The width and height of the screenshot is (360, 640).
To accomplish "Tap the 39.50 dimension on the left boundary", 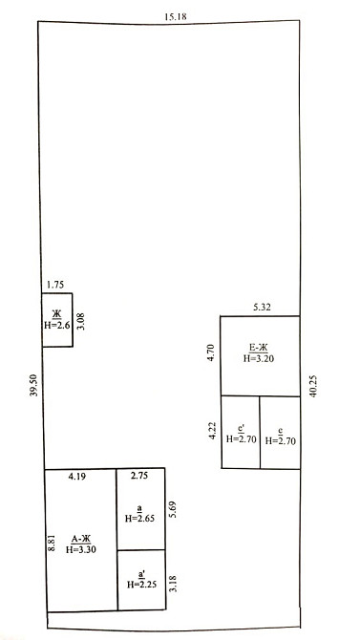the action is pos(34,385).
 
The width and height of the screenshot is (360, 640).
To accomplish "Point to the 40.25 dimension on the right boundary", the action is pos(313,387).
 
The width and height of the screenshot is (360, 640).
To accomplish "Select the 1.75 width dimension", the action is pos(55,285).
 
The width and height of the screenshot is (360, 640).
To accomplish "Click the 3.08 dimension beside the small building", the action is pos(81,321).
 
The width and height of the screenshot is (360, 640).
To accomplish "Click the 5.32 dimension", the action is pos(262,308).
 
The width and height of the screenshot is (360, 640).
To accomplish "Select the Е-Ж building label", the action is pos(259,348).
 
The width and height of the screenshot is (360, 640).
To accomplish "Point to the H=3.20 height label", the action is pos(259,358).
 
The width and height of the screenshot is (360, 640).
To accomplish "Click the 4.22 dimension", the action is pos(212,431).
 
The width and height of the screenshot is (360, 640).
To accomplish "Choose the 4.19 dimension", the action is pos(76,476).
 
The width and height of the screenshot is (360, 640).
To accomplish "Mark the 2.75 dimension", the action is pos(140,475).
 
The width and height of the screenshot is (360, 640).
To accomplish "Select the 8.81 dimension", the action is pos(51,544).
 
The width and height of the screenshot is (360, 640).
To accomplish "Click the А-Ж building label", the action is pos(81,539).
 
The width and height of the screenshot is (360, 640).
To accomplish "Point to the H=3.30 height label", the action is pos(81,549).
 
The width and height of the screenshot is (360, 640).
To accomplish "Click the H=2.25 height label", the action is pos(142,584).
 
